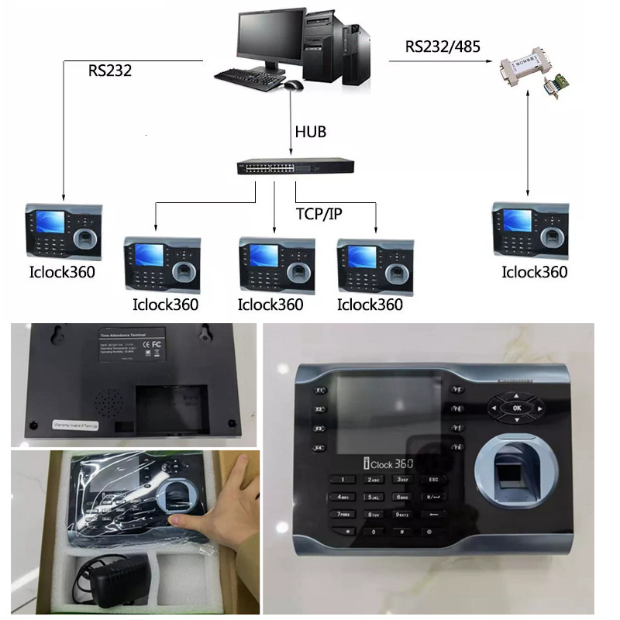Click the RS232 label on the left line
109,71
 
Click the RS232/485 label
443,46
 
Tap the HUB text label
310,132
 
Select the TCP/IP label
319,213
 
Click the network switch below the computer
294,167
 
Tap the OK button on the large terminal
517,407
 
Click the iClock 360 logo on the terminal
388,463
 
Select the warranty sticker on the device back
77,424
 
